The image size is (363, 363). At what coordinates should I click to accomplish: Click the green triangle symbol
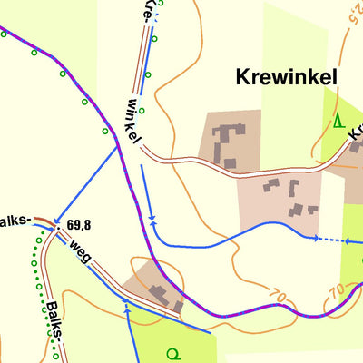pyautogui.click(x=338, y=121)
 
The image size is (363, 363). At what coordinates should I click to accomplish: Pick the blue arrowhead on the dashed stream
pyautogui.click(x=317, y=239)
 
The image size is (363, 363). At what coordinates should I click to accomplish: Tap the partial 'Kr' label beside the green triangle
pyautogui.click(x=355, y=132)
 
